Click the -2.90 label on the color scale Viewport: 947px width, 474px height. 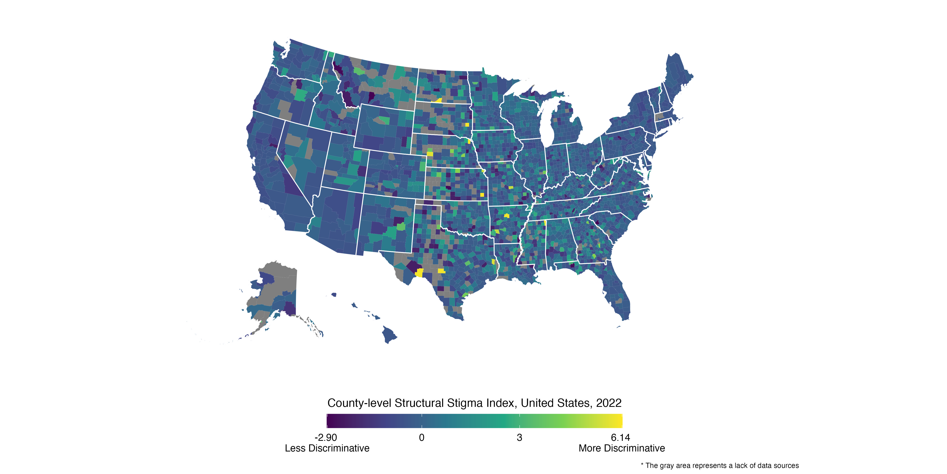pyautogui.click(x=326, y=438)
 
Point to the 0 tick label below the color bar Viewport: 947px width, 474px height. pyautogui.click(x=422, y=438)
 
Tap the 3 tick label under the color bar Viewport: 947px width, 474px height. pyautogui.click(x=519, y=438)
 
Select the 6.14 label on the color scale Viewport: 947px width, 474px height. pyautogui.click(x=620, y=438)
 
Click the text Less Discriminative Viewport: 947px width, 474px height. pyautogui.click(x=327, y=448)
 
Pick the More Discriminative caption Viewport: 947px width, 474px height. pyautogui.click(x=622, y=448)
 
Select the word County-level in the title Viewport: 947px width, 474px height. pyautogui.click(x=359, y=403)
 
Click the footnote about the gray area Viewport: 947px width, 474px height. pyautogui.click(x=720, y=466)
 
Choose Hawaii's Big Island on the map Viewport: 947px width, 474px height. pyautogui.click(x=389, y=334)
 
